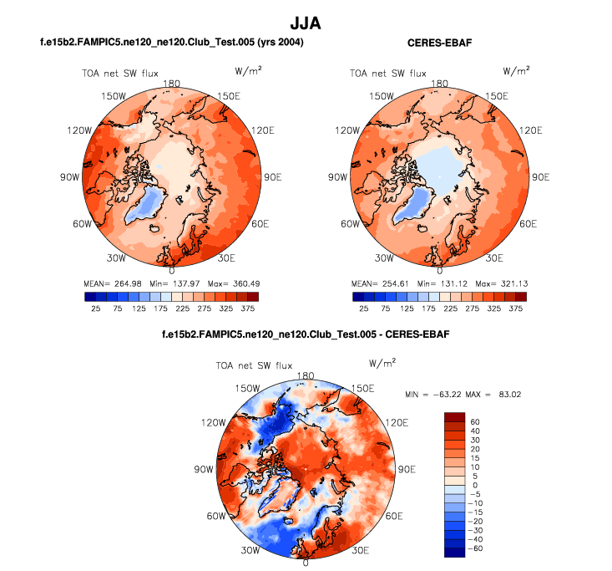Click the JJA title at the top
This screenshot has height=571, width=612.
click(x=306, y=20)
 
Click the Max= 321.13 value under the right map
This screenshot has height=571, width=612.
click(x=503, y=284)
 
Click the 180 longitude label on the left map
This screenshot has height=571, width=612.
click(x=173, y=84)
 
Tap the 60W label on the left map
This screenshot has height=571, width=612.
click(x=81, y=223)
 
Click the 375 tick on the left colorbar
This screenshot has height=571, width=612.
click(x=252, y=308)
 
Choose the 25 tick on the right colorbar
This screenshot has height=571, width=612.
click(x=364, y=308)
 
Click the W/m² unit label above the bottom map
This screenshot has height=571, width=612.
click(x=382, y=364)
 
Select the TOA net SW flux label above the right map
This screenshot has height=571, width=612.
click(x=388, y=74)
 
